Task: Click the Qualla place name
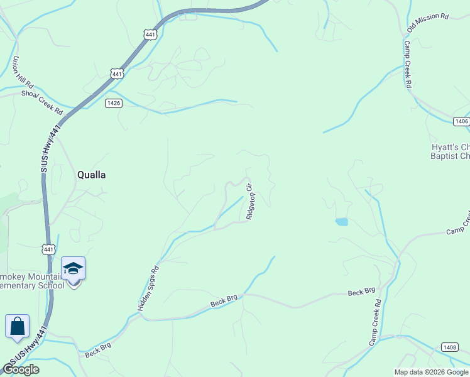tap(91, 175)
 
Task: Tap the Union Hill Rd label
tap(23, 73)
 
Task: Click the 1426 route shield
tap(114, 103)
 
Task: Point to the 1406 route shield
tap(461, 121)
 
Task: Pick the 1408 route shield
tap(449, 347)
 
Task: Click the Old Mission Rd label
tap(427, 23)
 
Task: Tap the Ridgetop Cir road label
tap(250, 200)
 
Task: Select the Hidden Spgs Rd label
tap(149, 288)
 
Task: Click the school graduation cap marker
tap(74, 268)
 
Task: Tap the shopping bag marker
tap(17, 326)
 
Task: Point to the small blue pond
tap(341, 222)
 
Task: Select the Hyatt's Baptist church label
tap(451, 151)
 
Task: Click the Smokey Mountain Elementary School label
tap(31, 281)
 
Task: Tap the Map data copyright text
tap(431, 372)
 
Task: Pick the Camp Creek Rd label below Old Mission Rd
tap(407, 64)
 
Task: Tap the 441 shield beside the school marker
tap(48, 249)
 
